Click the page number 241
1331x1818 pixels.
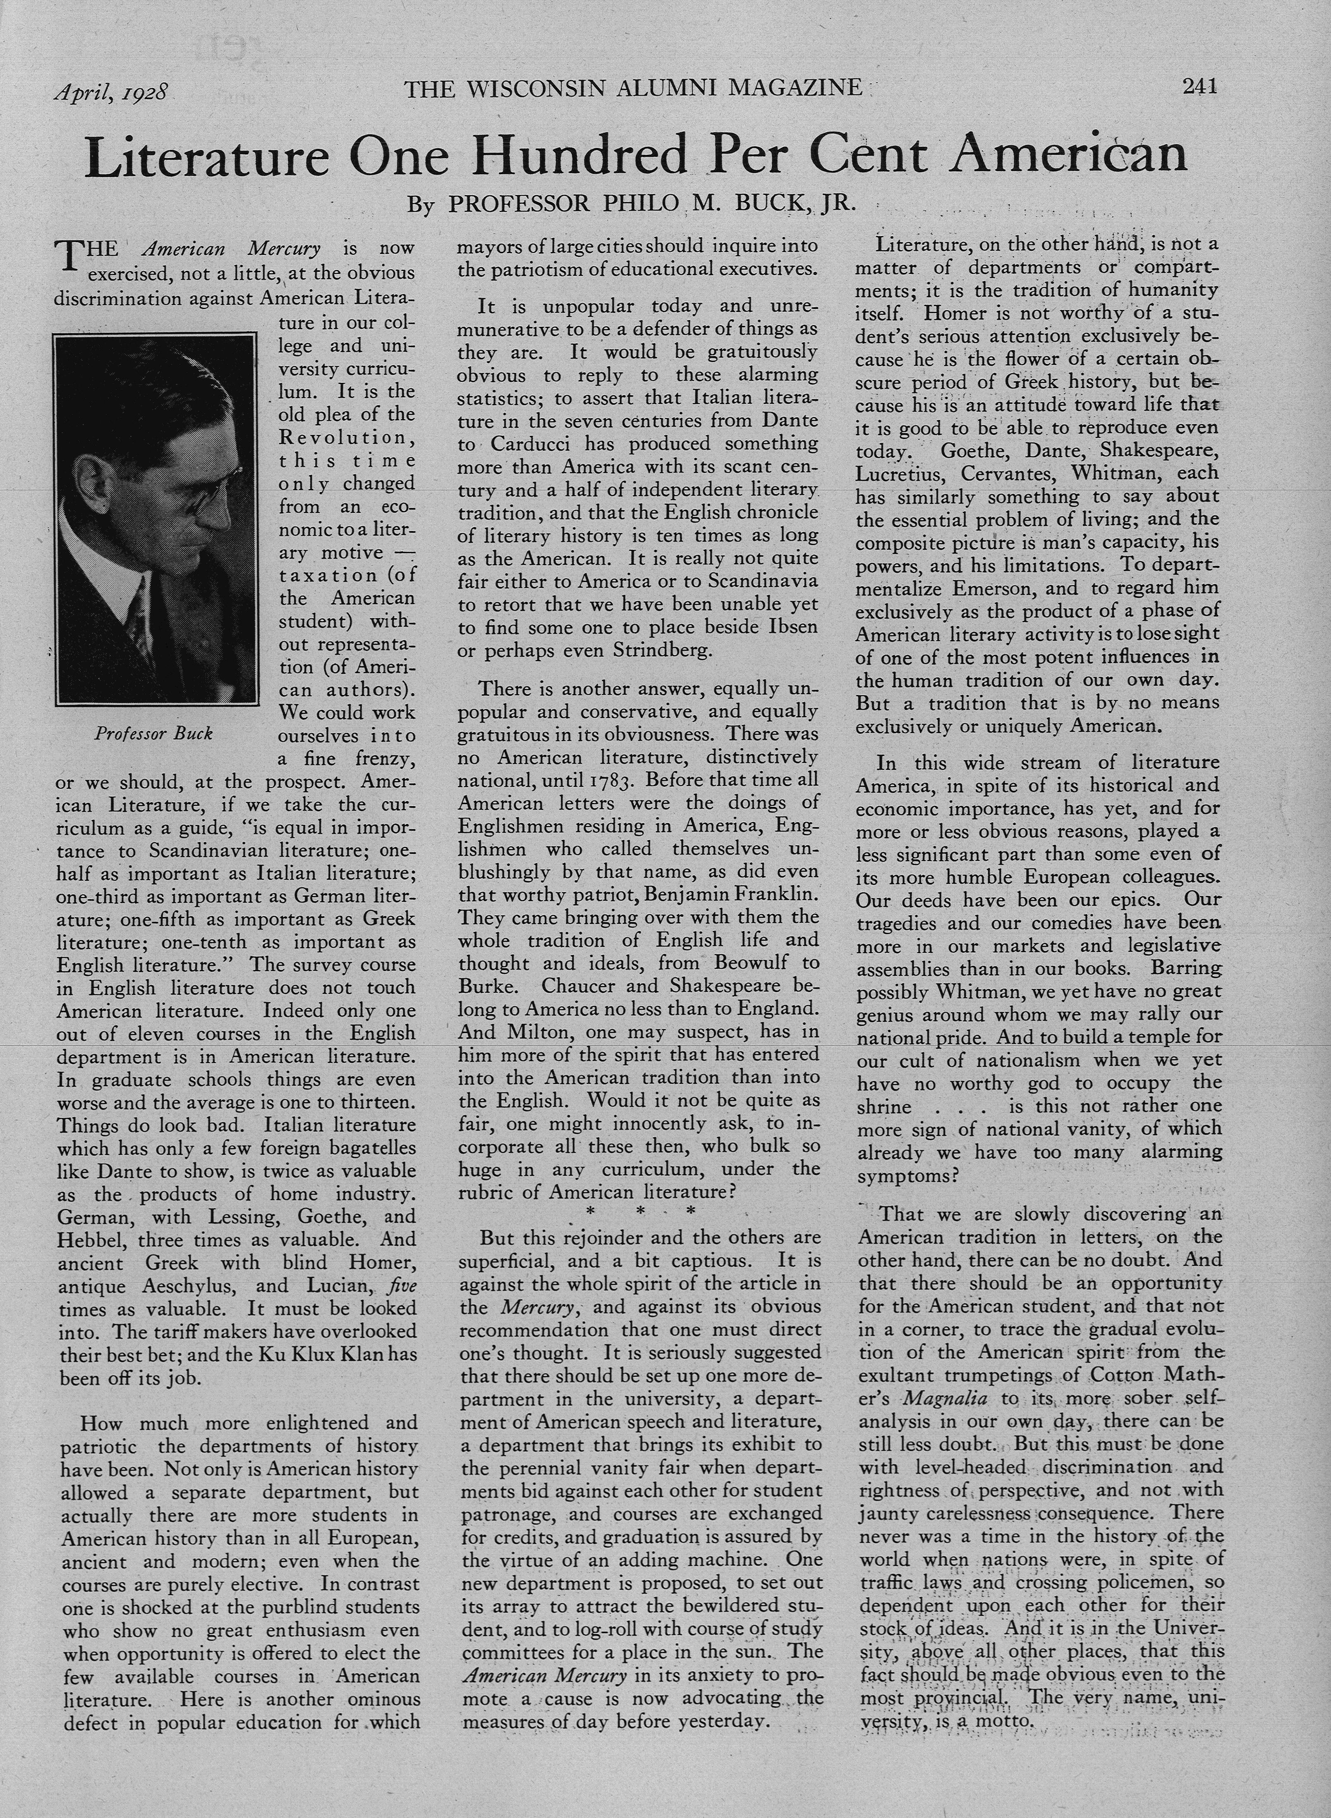pos(1199,86)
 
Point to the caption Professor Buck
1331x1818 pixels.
pos(153,733)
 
